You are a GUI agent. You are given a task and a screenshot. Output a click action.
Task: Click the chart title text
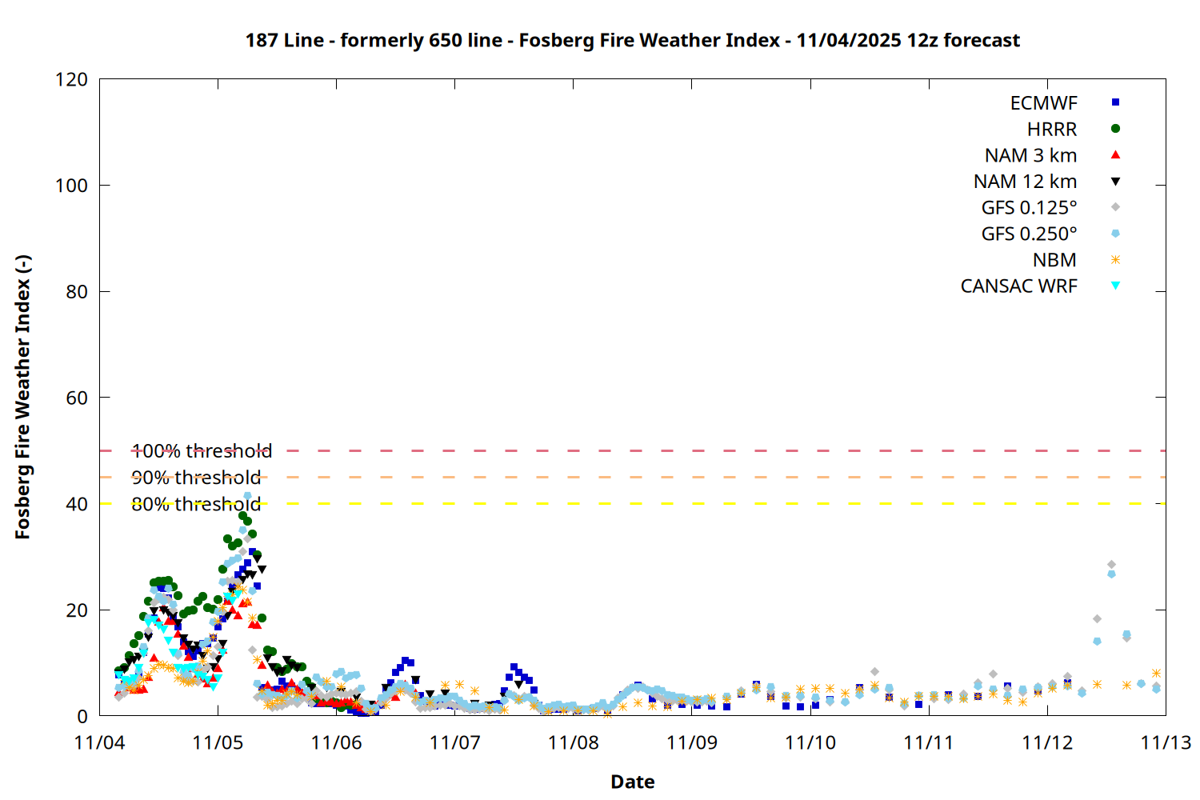tap(632, 40)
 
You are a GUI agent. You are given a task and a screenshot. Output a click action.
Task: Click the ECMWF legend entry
tap(1043, 103)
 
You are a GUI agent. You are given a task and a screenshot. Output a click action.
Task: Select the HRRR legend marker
tap(1115, 129)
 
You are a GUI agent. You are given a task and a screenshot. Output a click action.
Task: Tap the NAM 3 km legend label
tap(1030, 155)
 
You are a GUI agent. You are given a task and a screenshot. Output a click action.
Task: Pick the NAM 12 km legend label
tap(1025, 182)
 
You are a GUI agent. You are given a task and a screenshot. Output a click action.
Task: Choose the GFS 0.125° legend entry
tap(1029, 208)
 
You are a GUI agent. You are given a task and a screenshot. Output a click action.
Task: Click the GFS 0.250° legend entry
tap(1029, 234)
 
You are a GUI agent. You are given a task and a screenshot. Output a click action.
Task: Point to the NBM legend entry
tap(1054, 260)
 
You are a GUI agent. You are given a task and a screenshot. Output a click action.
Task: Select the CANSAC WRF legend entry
tap(1018, 286)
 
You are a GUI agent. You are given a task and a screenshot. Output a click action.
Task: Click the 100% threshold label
tap(202, 451)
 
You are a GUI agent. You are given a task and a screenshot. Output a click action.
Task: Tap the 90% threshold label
tap(196, 478)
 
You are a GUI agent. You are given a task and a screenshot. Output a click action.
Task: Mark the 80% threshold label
tap(196, 504)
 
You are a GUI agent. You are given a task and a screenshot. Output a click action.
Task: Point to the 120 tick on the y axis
tap(72, 79)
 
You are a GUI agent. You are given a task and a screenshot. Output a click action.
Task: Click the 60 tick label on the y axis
tap(77, 398)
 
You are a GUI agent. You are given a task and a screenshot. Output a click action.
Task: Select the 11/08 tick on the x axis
tap(574, 742)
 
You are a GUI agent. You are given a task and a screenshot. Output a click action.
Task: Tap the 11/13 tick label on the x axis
tap(1166, 742)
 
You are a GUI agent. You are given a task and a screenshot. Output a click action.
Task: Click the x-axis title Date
tap(632, 782)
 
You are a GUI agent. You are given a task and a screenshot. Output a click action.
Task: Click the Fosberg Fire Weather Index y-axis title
tap(22, 398)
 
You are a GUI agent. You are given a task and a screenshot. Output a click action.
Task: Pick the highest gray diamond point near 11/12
tap(1111, 565)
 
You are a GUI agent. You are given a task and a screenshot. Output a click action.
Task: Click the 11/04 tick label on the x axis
tap(99, 742)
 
